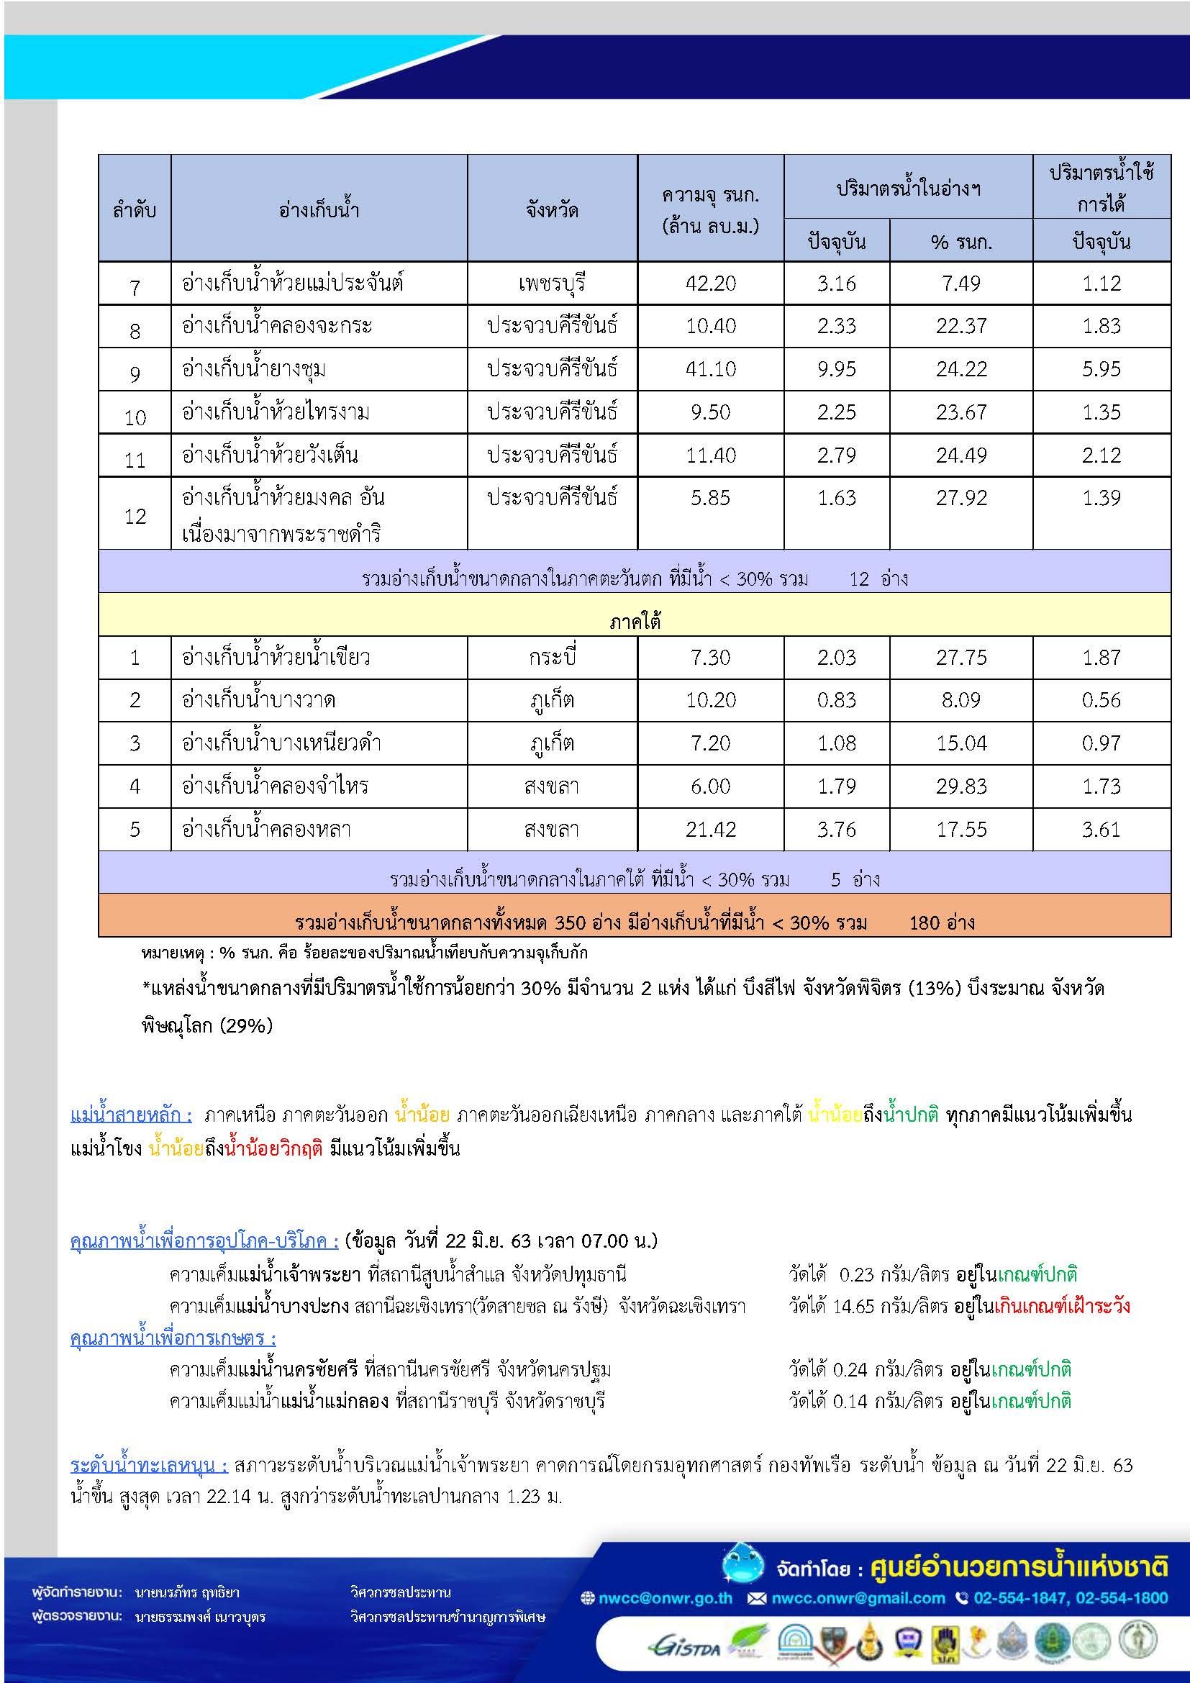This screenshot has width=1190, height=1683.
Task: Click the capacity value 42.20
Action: click(710, 283)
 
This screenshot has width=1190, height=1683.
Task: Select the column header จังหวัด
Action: click(552, 210)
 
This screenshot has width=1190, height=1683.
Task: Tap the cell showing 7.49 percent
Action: click(960, 283)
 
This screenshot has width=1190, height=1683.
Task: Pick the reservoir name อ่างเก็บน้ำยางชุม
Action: click(253, 369)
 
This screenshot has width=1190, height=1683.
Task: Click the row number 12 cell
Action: click(135, 516)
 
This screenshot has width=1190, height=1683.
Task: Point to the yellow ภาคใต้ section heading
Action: click(635, 622)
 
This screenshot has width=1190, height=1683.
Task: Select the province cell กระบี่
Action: click(552, 658)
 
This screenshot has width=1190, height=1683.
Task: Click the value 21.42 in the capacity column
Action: click(710, 830)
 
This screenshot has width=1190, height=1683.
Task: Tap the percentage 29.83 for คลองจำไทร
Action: click(960, 786)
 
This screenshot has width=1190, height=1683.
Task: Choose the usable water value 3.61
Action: click(1102, 830)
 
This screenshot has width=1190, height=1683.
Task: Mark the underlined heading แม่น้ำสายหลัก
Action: click(131, 1115)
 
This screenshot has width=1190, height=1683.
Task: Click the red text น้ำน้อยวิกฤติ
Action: click(274, 1148)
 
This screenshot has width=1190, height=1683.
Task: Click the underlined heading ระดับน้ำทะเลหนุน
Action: click(150, 1464)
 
